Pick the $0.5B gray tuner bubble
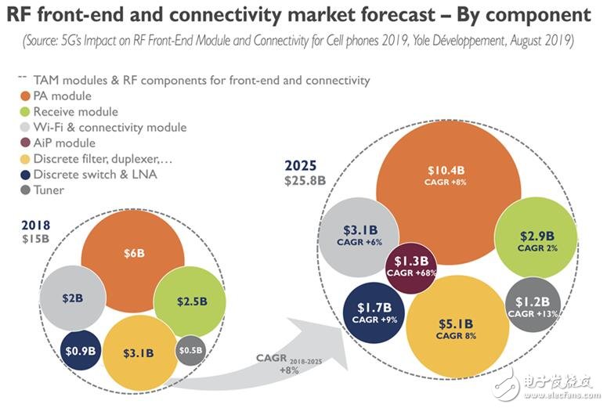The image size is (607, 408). pos(190,351)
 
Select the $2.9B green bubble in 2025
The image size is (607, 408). pos(537,240)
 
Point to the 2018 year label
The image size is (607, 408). pos(35,224)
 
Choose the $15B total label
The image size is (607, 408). pos(34,237)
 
